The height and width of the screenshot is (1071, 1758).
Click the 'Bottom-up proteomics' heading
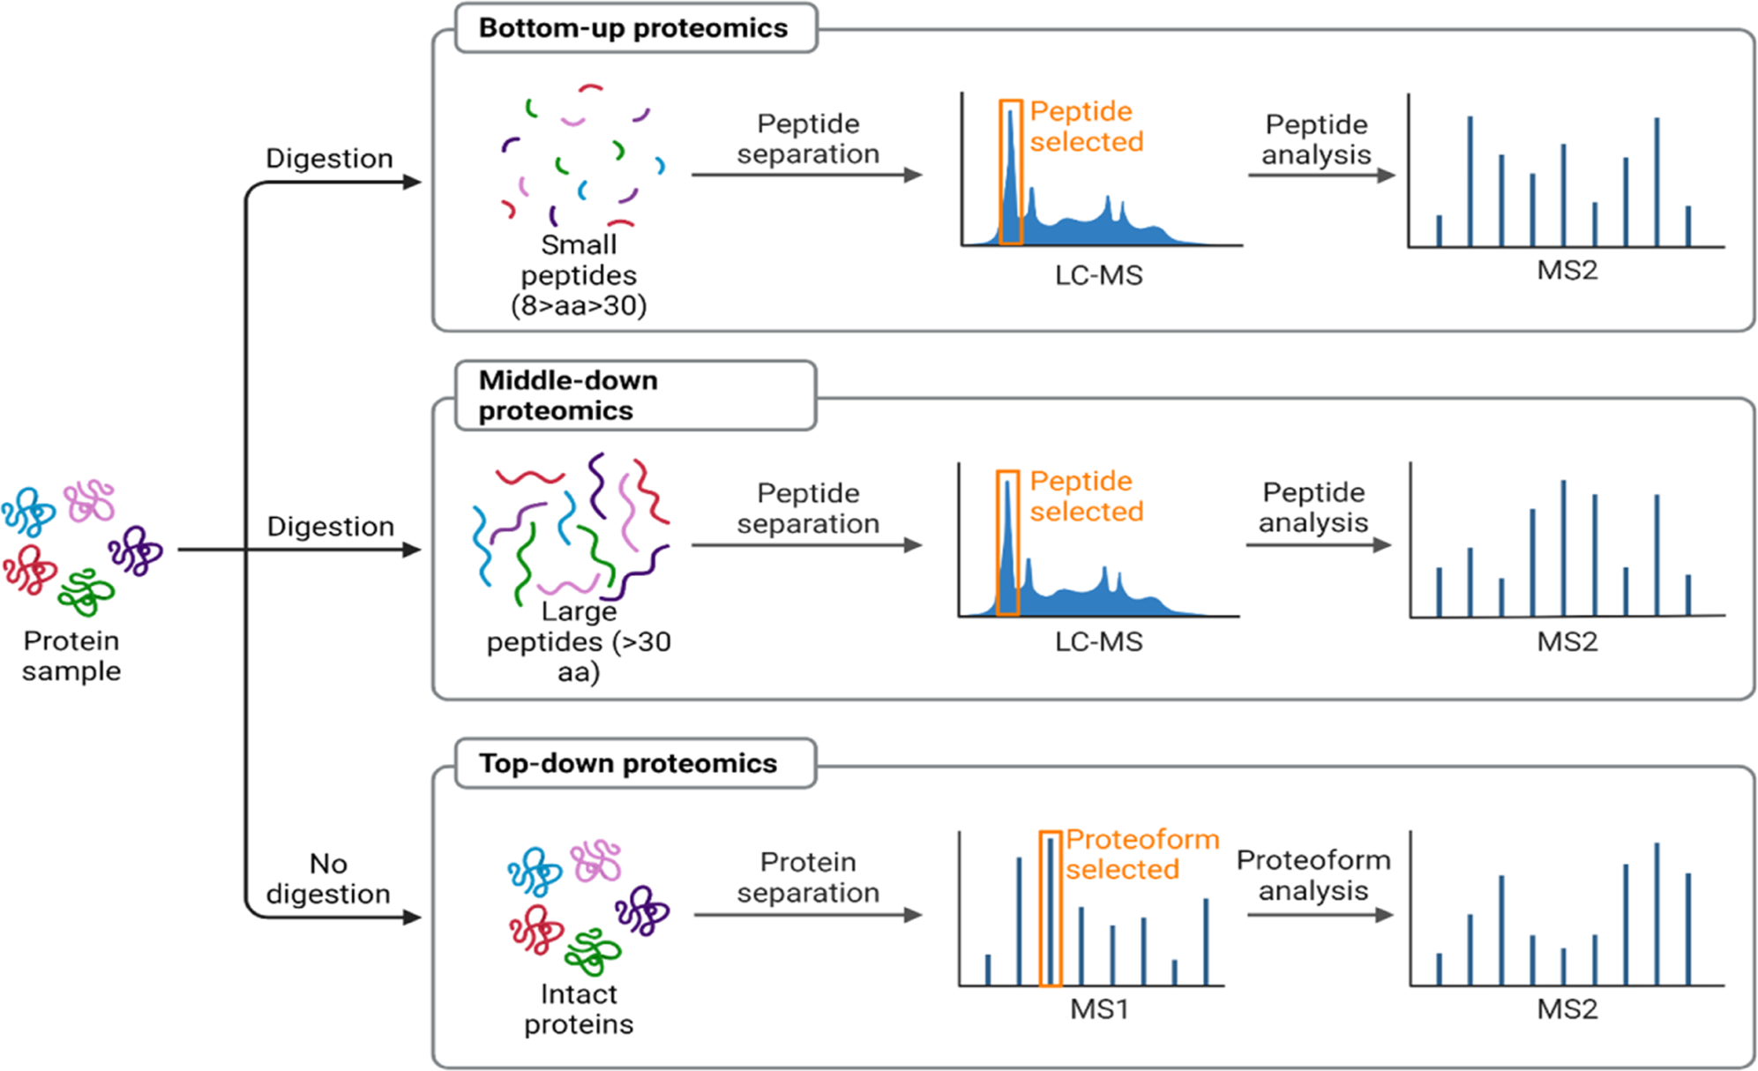pos(632,28)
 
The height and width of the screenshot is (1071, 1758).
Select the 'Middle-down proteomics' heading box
pos(635,395)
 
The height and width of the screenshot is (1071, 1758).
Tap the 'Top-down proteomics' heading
pos(627,763)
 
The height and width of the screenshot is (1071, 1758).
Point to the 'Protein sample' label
pos(71,655)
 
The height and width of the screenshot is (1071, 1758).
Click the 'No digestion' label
pos(328,879)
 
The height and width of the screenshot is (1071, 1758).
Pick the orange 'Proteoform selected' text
pos(1141,854)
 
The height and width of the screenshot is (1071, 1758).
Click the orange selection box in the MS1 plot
pos(1050,908)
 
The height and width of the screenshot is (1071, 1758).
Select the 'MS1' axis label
pos(1098,1008)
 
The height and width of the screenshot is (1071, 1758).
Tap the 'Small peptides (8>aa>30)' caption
pos(579,275)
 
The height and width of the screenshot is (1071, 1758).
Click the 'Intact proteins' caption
pos(579,1008)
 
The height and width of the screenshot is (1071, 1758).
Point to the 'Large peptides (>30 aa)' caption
pos(579,641)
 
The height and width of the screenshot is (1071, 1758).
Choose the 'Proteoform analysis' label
pos(1313,875)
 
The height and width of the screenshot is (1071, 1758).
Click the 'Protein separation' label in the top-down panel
pos(808,877)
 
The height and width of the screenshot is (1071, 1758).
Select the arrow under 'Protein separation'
pos(807,915)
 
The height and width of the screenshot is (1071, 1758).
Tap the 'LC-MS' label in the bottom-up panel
pos(1098,275)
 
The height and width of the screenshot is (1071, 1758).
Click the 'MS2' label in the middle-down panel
pos(1567,641)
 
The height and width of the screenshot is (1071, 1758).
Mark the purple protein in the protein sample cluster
pos(135,550)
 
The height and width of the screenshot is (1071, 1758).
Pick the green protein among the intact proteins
pos(593,952)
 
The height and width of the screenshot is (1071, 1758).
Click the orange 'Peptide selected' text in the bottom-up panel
pos(1086,126)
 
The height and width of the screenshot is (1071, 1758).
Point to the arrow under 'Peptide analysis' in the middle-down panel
pos(1318,545)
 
